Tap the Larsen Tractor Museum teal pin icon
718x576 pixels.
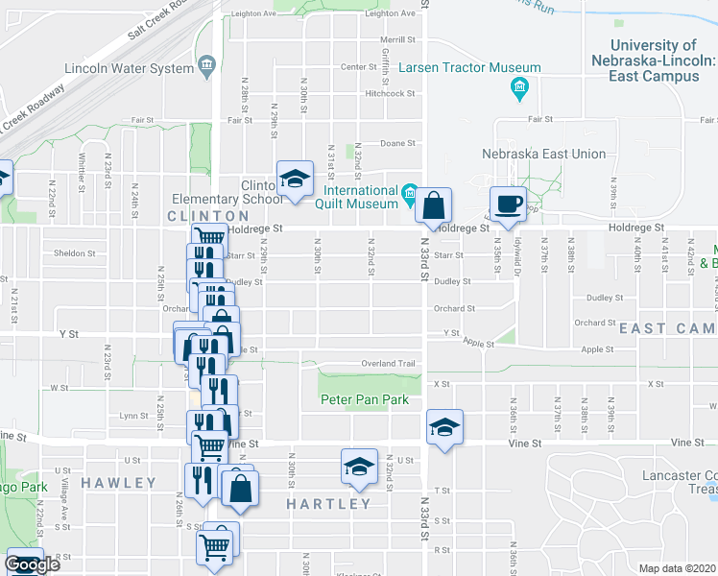(x=519, y=90)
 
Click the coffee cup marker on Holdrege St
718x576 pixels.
(x=508, y=203)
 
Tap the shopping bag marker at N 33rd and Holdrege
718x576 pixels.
(x=434, y=204)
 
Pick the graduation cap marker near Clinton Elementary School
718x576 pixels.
(x=295, y=178)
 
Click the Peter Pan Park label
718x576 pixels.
(x=365, y=400)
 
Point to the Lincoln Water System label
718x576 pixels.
(x=129, y=68)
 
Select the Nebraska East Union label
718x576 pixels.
(x=543, y=154)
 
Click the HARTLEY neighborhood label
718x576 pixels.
(x=329, y=504)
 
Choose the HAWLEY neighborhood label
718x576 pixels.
(x=119, y=482)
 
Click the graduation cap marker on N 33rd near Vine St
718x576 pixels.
(x=444, y=427)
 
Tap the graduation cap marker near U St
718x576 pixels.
(x=359, y=467)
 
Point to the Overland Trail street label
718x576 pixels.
(x=387, y=364)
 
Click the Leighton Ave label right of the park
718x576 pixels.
(x=390, y=13)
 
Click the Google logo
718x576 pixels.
(x=33, y=564)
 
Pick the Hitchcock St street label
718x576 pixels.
(x=389, y=93)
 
